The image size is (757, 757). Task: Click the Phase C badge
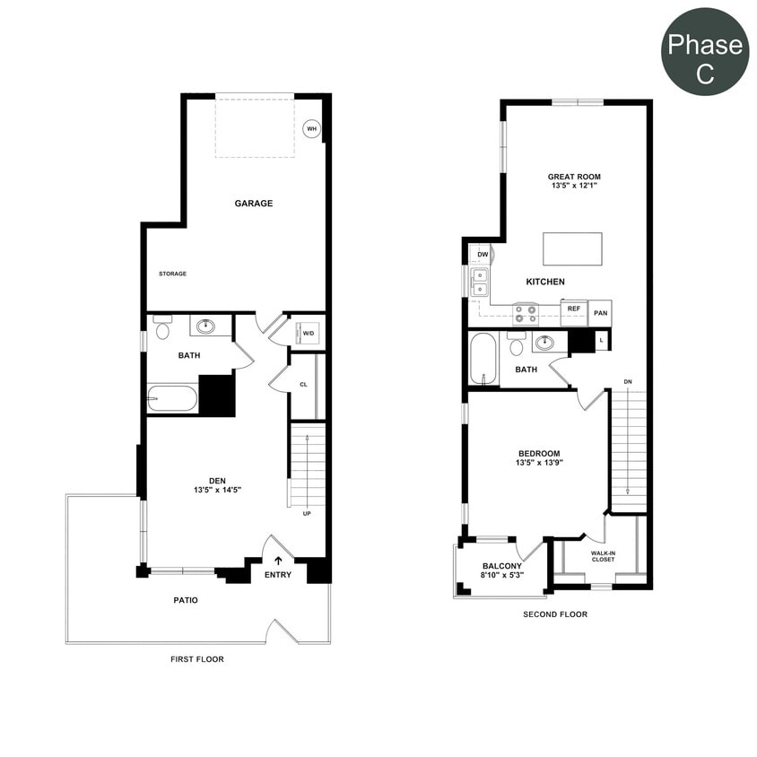(x=705, y=52)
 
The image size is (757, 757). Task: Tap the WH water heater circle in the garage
(x=311, y=129)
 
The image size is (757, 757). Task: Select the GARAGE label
(x=254, y=204)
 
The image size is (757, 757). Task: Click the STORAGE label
(x=172, y=274)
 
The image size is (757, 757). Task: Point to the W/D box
(x=309, y=334)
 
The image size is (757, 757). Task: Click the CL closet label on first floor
(x=303, y=385)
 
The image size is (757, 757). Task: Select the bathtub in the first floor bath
(x=172, y=397)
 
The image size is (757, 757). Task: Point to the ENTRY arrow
(x=278, y=561)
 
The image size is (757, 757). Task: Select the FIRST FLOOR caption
(x=197, y=659)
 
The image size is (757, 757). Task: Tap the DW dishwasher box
(x=483, y=255)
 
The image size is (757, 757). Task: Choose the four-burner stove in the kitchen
(x=526, y=313)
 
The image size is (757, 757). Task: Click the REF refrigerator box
(x=574, y=309)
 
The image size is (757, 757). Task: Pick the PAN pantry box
(x=601, y=312)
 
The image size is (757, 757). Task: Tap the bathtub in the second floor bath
(x=483, y=359)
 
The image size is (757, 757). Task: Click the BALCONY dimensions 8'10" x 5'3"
(x=502, y=576)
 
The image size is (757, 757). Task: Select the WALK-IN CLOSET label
(x=603, y=556)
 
